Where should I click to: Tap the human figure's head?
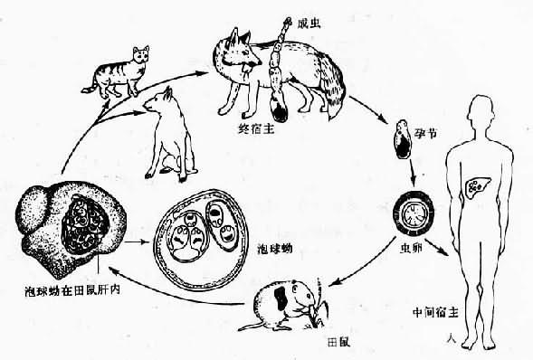click(476, 113)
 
